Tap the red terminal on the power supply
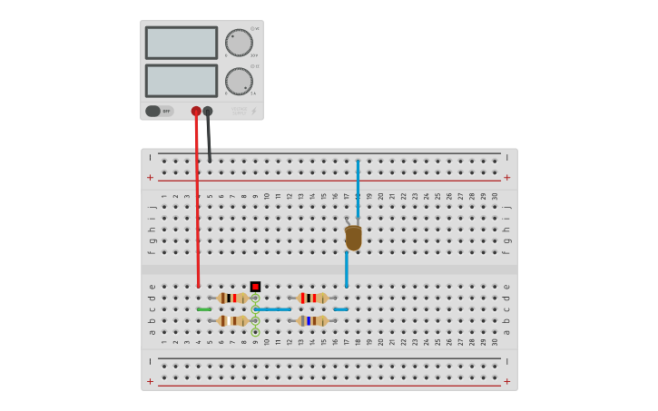click(x=196, y=112)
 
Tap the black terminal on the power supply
click(x=208, y=112)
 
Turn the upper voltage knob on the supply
click(x=239, y=43)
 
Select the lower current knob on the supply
click(x=239, y=81)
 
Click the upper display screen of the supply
click(x=182, y=43)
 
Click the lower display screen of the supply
click(x=182, y=81)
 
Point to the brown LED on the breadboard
click(x=353, y=238)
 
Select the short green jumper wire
click(x=204, y=309)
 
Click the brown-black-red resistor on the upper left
click(x=232, y=298)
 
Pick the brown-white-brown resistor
click(x=232, y=320)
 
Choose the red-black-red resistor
click(x=312, y=298)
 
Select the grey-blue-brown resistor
click(x=312, y=320)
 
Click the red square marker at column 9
click(x=255, y=287)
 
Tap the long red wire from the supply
click(x=197, y=209)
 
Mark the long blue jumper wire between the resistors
click(x=272, y=309)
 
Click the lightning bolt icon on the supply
click(x=253, y=111)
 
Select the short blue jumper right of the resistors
click(x=340, y=309)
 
